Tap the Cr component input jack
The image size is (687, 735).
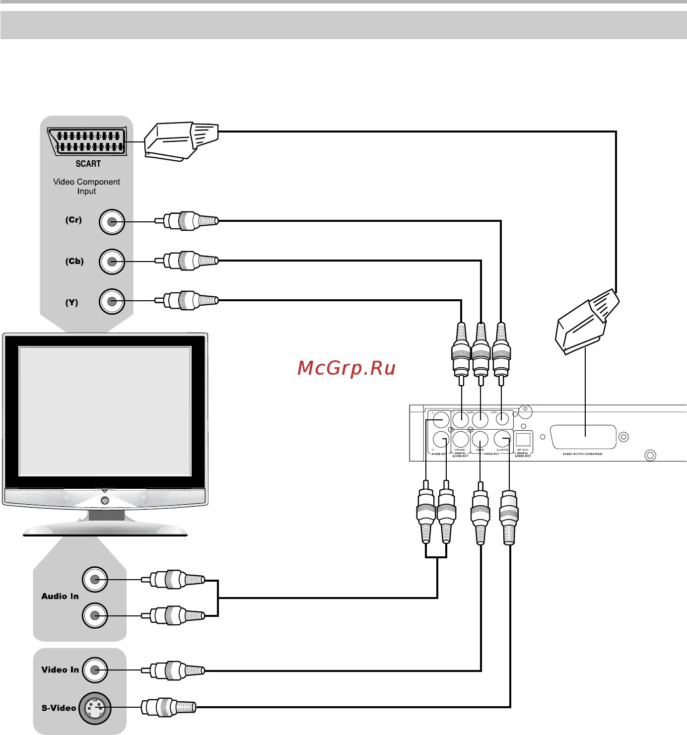point(112,222)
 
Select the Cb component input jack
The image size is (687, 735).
point(112,262)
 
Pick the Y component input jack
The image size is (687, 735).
point(112,301)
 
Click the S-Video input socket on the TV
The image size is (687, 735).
point(95,708)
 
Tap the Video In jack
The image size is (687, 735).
point(95,670)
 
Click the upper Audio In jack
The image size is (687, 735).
point(95,579)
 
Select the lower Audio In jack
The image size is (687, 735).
point(95,615)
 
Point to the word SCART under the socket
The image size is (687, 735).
point(88,164)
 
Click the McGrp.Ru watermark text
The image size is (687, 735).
point(346,368)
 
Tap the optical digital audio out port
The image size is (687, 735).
point(523,439)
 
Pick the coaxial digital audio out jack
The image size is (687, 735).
point(461,440)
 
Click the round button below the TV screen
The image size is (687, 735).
point(105,500)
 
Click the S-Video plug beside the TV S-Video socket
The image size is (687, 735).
point(169,707)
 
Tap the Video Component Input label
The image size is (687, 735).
point(86,187)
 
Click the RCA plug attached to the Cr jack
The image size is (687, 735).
point(186,221)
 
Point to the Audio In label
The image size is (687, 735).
point(60,596)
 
